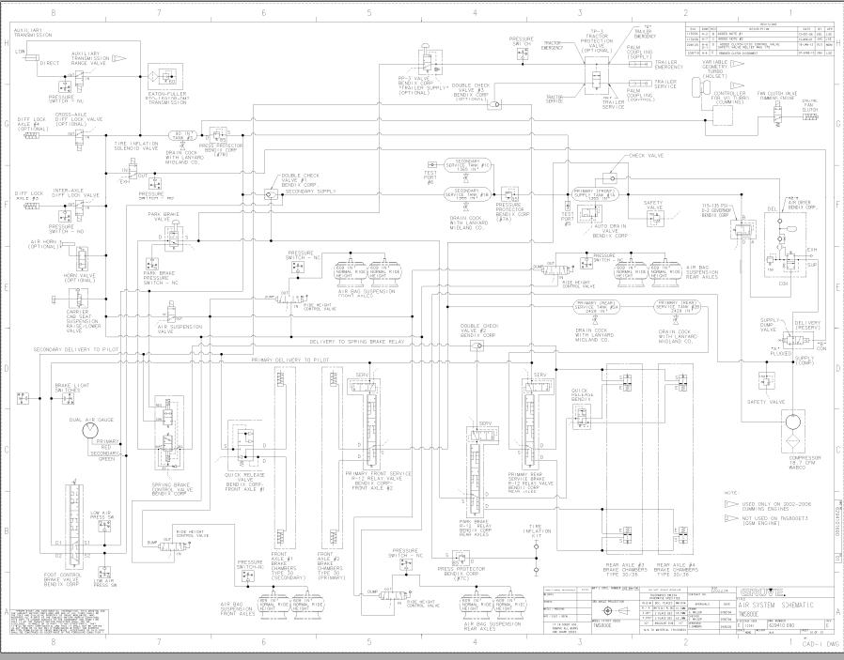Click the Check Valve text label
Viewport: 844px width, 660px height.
(x=642, y=156)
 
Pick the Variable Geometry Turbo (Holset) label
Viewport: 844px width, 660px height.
(x=717, y=69)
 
